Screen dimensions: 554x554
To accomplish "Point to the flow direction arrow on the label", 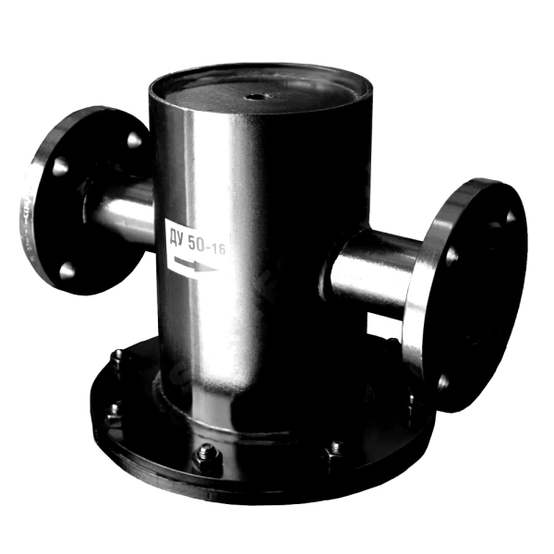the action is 195,264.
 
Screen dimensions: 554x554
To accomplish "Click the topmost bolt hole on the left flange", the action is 134,140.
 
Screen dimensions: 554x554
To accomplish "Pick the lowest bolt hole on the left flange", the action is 66,271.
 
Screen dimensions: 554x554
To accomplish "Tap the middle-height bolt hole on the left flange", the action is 60,166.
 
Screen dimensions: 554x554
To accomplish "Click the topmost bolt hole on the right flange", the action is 511,216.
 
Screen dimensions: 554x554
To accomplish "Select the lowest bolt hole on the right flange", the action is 442,381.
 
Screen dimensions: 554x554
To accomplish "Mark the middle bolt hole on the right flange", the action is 452,257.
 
